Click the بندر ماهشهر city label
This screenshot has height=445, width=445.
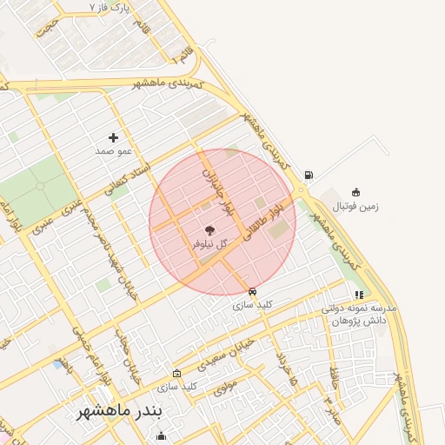tap(121, 409)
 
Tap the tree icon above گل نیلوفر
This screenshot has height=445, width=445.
tap(209, 230)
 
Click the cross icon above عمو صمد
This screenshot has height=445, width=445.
tap(113, 137)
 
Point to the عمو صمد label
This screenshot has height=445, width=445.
tap(113, 151)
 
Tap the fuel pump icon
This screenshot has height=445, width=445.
tap(309, 175)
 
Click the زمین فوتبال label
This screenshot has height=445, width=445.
tap(355, 207)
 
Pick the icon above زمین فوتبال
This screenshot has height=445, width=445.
tap(355, 192)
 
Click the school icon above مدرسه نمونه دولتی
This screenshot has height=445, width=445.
tap(359, 296)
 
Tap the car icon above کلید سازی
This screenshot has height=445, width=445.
tap(252, 292)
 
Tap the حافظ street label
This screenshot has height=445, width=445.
tap(334, 376)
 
